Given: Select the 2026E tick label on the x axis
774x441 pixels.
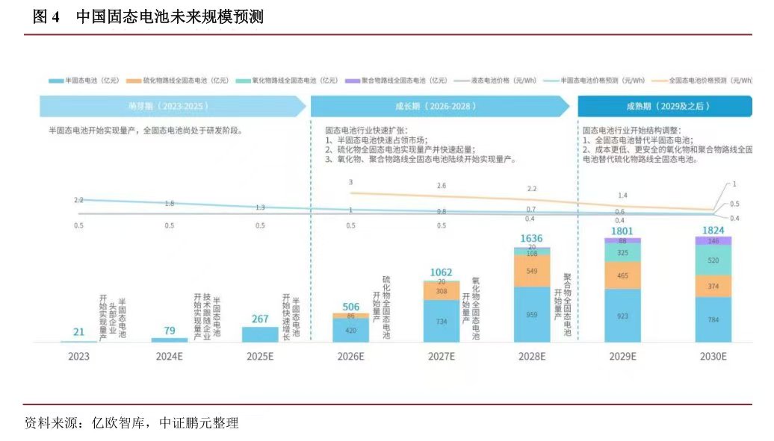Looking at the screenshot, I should [351, 357].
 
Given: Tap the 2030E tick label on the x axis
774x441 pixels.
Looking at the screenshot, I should [713, 357].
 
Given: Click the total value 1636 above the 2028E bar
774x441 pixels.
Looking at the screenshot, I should [532, 238].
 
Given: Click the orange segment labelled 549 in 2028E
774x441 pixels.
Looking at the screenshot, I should [532, 271].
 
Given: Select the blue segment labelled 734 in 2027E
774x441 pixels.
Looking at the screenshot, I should [442, 321].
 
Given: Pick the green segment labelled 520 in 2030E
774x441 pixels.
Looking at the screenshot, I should [713, 260].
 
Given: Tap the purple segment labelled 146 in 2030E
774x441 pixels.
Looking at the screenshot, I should [713, 241].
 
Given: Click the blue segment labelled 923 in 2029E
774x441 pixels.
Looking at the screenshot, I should [622, 316].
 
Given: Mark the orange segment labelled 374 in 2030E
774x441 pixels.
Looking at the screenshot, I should [713, 286].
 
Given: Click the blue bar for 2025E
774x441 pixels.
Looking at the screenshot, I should [260, 334].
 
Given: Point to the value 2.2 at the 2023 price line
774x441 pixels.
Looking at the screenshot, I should [79, 200].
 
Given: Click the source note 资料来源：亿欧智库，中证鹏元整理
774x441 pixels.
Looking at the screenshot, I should [131, 423].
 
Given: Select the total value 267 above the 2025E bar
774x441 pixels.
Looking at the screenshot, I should [260, 319].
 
